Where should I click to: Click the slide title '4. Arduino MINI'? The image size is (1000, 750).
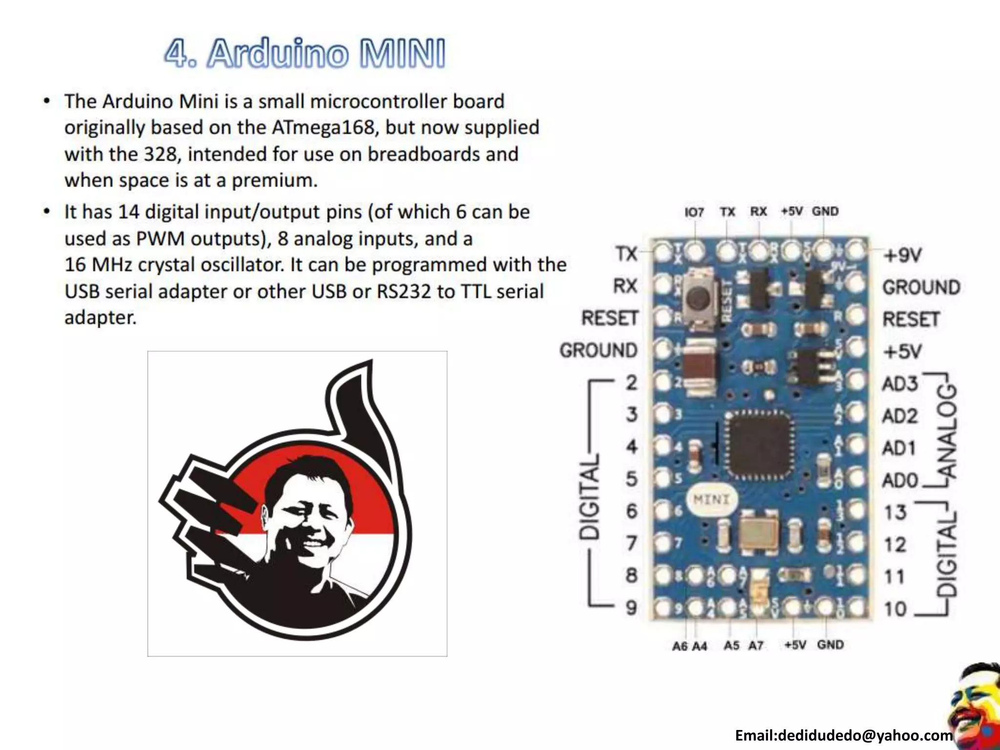[305, 54]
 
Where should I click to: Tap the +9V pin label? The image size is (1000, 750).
[902, 255]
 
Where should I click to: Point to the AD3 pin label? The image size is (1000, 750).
[899, 384]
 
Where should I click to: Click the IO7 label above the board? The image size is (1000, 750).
[694, 212]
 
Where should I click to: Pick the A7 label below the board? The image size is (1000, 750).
[756, 646]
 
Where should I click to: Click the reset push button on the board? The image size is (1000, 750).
[700, 297]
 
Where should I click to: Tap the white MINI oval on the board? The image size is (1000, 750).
[711, 500]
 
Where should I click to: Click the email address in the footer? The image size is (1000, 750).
[844, 735]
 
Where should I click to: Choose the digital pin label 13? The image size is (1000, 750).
[895, 513]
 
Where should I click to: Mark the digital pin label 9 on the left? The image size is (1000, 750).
[631, 607]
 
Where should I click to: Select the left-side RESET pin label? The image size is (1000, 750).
[609, 318]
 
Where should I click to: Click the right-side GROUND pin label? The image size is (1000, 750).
[921, 287]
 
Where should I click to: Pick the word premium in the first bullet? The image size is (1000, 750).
[274, 181]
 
